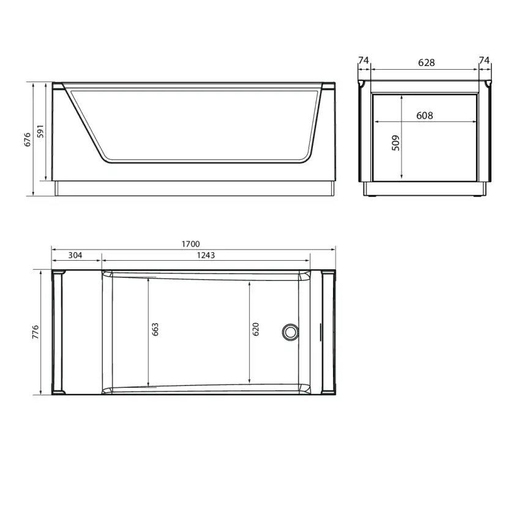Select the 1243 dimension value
point(206,255)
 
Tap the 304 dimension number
point(76,255)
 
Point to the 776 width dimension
point(35,332)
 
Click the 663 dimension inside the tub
point(155,329)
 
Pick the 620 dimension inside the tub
point(256,329)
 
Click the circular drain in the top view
point(290,332)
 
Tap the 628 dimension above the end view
point(426,62)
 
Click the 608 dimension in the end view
point(424,115)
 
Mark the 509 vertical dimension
point(395,143)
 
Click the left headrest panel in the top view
point(59,332)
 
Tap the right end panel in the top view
point(328,332)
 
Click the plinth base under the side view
point(195,188)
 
